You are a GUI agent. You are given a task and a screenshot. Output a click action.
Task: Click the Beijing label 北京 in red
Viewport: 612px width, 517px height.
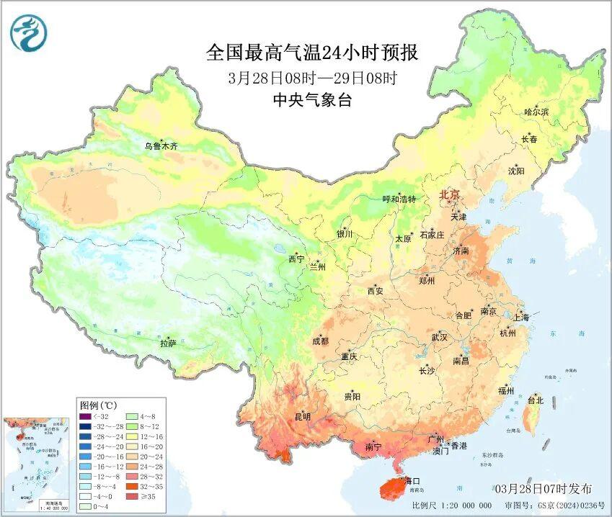click(x=450, y=194)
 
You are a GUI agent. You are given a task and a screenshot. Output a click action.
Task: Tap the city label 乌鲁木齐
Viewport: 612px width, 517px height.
click(x=160, y=146)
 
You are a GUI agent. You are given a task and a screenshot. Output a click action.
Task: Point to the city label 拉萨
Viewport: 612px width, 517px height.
click(x=168, y=344)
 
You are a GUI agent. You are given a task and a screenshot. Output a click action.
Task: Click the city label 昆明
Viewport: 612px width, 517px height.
click(x=302, y=417)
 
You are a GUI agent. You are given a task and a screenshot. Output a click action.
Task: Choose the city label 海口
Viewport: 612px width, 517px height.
click(x=412, y=480)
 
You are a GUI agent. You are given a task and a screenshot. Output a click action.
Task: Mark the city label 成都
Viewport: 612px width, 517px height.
click(x=320, y=341)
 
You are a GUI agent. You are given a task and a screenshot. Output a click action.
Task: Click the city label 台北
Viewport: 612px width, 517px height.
click(x=535, y=400)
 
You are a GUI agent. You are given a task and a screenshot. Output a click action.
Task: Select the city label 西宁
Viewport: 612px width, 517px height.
click(x=296, y=258)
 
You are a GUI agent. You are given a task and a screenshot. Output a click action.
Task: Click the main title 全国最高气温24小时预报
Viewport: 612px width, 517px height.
click(x=312, y=53)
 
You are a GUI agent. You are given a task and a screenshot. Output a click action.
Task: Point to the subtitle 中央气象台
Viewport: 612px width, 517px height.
click(x=312, y=101)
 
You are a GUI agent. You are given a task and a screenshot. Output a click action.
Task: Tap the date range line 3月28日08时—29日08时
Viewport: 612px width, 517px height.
click(x=312, y=78)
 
